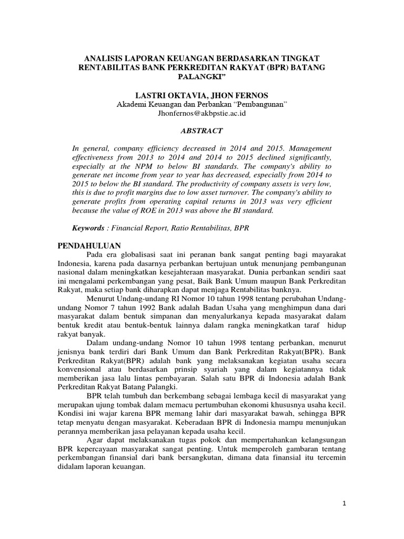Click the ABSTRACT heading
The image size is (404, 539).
(202, 131)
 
